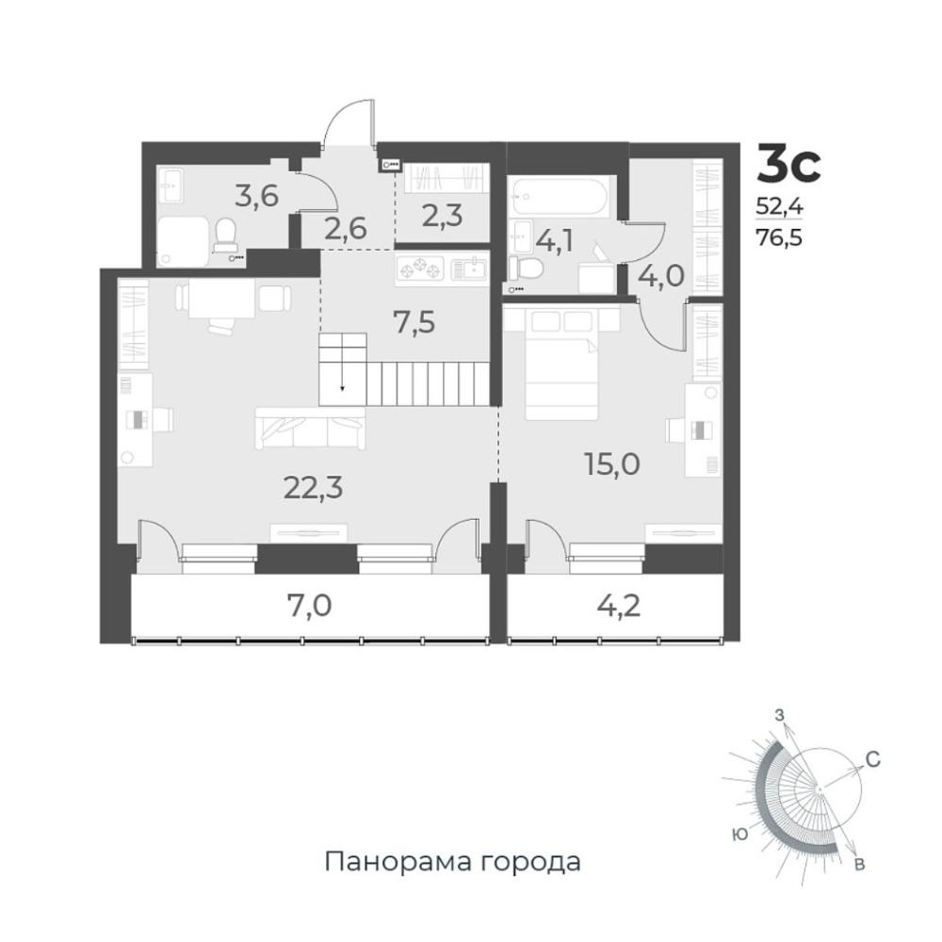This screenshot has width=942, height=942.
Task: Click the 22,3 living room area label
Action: (313, 488)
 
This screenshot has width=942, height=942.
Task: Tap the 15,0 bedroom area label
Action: (612, 463)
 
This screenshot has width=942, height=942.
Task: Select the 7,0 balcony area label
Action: (309, 606)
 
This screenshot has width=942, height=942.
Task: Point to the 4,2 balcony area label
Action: (618, 606)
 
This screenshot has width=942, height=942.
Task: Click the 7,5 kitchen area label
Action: (414, 323)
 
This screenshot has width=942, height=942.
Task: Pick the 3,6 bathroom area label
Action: (256, 195)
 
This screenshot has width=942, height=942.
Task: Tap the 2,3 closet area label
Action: (442, 216)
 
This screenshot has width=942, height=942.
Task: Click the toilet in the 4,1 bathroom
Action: (525, 268)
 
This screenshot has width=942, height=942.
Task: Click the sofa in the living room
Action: (310, 428)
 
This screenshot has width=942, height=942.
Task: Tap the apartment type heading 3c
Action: (788, 164)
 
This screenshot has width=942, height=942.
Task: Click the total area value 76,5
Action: (779, 238)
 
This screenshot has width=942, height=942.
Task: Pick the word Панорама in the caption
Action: (398, 862)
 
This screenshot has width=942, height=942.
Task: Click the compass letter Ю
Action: (740, 834)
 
